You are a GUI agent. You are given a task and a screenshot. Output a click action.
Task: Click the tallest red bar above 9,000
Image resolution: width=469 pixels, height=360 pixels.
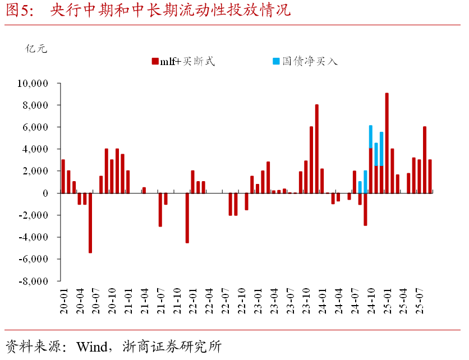click(387, 143)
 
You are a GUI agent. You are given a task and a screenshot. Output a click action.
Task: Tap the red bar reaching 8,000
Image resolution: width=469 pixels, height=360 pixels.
click(316, 149)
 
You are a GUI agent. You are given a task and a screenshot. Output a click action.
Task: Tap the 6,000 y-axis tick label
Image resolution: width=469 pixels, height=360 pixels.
click(36, 127)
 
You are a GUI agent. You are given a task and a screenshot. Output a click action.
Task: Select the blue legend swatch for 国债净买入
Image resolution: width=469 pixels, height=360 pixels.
click(275, 61)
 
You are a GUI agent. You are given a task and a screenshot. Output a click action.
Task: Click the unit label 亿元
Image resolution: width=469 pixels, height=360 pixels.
click(36, 48)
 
